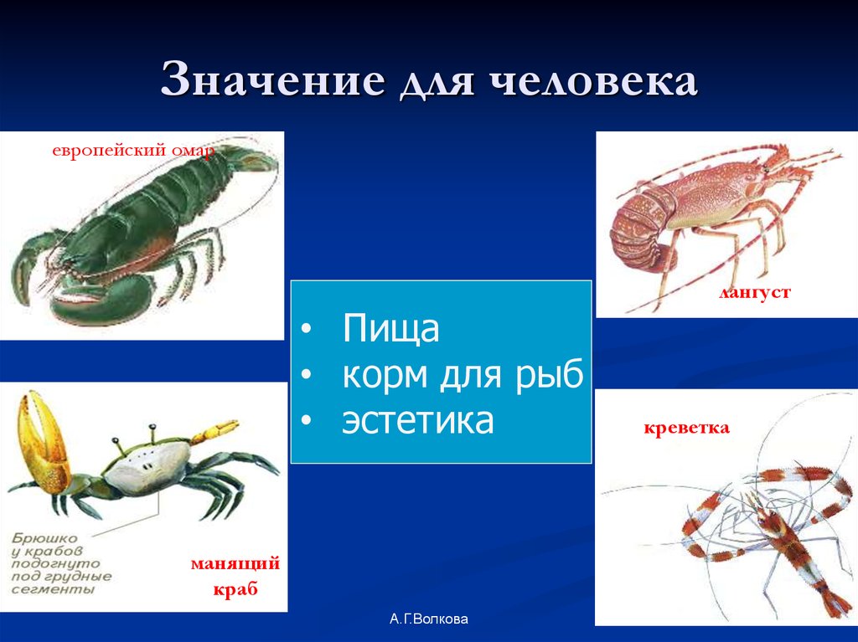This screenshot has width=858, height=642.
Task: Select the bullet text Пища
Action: click(x=390, y=329)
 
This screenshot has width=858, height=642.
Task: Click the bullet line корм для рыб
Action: click(x=462, y=375)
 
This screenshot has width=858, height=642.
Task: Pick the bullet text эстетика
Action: click(x=417, y=421)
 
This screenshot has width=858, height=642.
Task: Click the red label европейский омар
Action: click(x=133, y=151)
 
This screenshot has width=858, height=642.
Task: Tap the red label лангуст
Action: click(x=754, y=294)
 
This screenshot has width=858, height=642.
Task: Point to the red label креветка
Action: click(x=686, y=429)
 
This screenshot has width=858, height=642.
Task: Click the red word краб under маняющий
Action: click(x=235, y=589)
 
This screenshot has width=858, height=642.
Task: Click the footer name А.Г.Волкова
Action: click(x=429, y=619)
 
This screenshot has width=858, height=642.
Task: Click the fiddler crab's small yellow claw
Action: click(x=214, y=433)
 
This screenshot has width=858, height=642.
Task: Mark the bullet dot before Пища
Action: click(x=308, y=331)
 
